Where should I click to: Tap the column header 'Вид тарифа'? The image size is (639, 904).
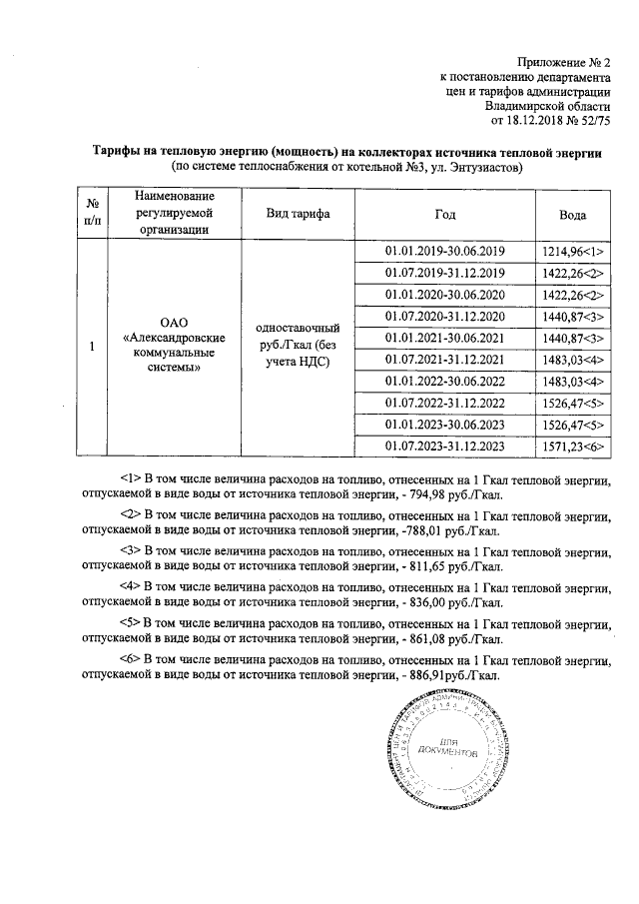(297, 215)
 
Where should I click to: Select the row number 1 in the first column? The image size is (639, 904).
(91, 348)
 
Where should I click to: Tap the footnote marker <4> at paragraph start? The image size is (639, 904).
(130, 587)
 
